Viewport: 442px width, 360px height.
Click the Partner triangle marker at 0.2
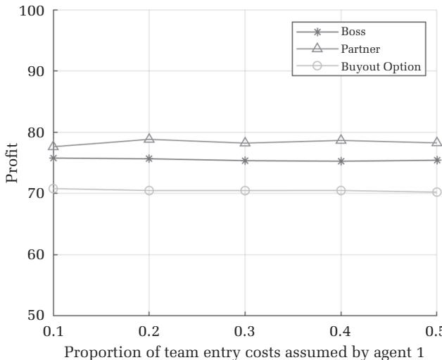click(x=149, y=139)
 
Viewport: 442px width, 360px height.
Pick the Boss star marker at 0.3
click(x=245, y=161)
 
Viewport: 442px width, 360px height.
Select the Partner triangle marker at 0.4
click(x=341, y=140)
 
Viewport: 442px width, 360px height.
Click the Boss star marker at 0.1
click(x=53, y=158)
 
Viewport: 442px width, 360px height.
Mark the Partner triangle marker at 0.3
click(x=245, y=142)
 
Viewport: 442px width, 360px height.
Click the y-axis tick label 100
click(x=33, y=11)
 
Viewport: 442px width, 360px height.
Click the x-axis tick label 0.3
click(x=245, y=330)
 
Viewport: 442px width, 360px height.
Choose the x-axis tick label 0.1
click(x=53, y=330)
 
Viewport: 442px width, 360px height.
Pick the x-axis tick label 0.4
click(x=341, y=330)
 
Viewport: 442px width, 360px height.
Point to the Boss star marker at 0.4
click(x=341, y=161)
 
